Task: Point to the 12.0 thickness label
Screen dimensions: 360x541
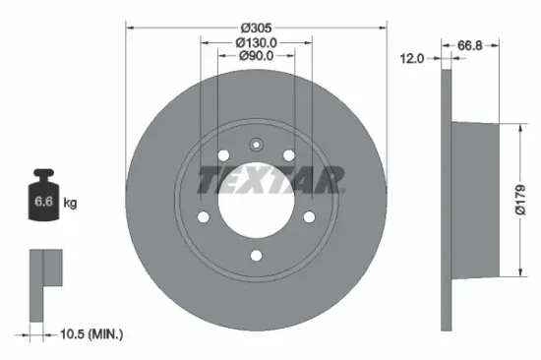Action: click(x=413, y=59)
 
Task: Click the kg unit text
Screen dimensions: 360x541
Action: click(x=70, y=203)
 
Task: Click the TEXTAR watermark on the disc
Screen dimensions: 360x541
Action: click(x=271, y=179)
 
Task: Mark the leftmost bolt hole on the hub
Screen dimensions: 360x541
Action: click(x=204, y=217)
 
